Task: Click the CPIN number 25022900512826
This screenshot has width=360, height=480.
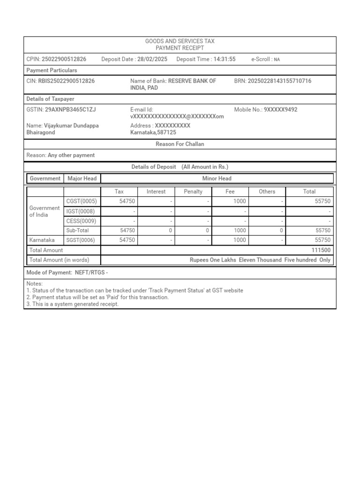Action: click(64, 59)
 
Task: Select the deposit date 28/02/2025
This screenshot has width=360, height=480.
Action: click(153, 59)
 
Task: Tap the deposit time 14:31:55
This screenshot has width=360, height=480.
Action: click(225, 59)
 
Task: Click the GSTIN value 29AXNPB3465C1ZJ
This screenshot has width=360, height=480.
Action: click(70, 110)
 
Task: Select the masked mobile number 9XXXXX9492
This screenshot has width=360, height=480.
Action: click(280, 110)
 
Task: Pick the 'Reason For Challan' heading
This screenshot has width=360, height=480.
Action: click(180, 144)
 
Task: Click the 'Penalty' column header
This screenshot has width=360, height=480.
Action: click(193, 191)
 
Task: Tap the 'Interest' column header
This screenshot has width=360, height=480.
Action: click(156, 191)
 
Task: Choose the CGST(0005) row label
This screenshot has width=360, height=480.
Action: click(82, 201)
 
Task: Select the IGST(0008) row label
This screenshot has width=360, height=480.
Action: click(81, 211)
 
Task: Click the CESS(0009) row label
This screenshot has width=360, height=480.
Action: click(81, 221)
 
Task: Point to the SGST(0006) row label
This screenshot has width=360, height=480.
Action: click(82, 240)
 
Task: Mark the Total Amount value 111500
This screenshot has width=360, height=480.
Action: click(321, 250)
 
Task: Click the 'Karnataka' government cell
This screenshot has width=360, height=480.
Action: click(42, 240)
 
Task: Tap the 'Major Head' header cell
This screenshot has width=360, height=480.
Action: click(82, 178)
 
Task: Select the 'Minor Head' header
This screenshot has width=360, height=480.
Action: click(217, 178)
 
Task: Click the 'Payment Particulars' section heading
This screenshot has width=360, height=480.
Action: click(52, 70)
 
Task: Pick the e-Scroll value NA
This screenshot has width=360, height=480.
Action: click(277, 60)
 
